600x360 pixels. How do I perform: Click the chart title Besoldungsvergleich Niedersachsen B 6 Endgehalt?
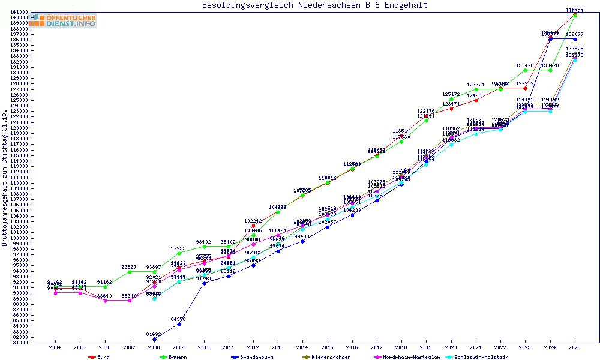[315, 5]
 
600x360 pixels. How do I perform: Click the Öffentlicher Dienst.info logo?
[64, 20]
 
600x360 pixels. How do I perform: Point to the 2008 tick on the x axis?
[154, 347]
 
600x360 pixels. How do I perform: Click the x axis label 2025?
[575, 347]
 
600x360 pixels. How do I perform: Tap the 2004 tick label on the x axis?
[55, 347]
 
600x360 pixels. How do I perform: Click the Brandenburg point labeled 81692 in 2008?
[154, 339]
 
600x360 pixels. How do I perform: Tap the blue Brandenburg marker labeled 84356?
[179, 324]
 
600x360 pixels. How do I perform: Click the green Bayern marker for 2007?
[130, 272]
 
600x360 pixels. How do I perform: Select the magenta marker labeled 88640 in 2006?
[105, 301]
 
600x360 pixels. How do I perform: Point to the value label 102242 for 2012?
[253, 221]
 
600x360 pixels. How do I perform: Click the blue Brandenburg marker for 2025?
[575, 39]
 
